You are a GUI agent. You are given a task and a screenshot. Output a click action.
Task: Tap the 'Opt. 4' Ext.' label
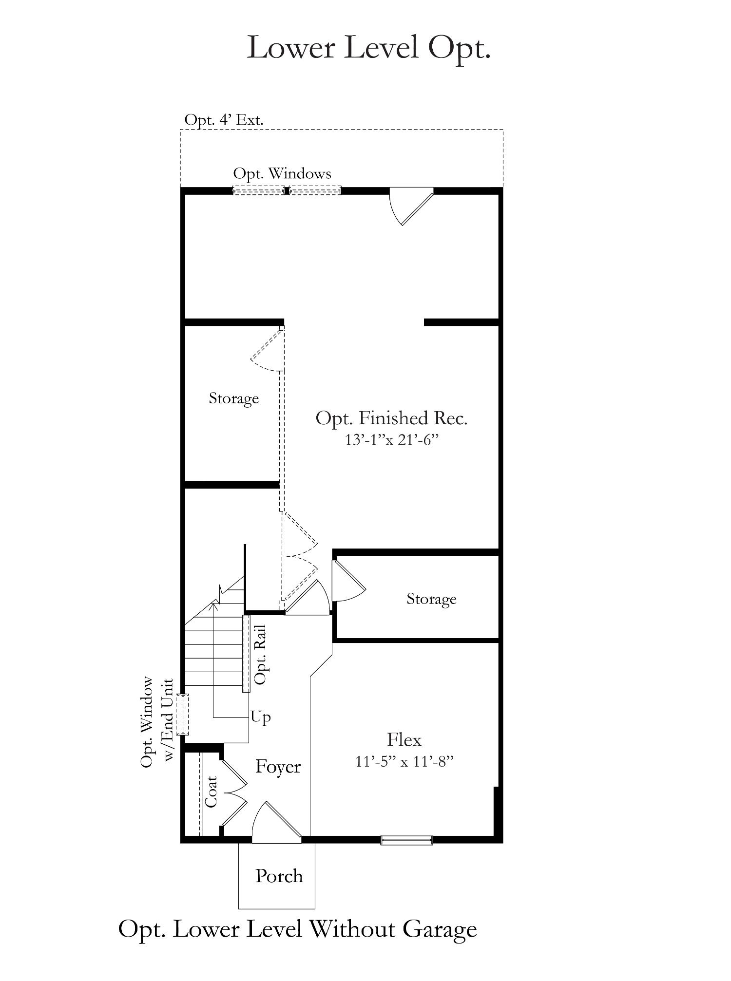(224, 120)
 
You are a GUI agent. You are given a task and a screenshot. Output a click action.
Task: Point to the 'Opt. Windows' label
(282, 173)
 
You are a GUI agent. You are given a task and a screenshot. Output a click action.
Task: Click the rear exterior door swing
(411, 207)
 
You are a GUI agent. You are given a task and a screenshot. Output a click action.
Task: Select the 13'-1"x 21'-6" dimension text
(392, 440)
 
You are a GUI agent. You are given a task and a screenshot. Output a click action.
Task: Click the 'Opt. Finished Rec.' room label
(392, 418)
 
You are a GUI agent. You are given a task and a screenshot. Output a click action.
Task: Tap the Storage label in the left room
(234, 398)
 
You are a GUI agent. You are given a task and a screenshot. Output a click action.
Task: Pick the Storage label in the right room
(431, 599)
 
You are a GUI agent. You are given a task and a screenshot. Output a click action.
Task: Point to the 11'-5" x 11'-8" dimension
(404, 761)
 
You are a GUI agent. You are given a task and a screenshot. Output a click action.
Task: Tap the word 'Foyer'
(278, 767)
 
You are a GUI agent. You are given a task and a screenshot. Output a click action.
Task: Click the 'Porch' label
(279, 876)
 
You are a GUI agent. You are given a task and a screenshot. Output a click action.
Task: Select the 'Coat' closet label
(211, 792)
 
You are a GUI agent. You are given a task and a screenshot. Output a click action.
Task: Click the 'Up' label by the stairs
(261, 717)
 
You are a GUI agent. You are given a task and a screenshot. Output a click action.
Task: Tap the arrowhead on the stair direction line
(214, 605)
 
